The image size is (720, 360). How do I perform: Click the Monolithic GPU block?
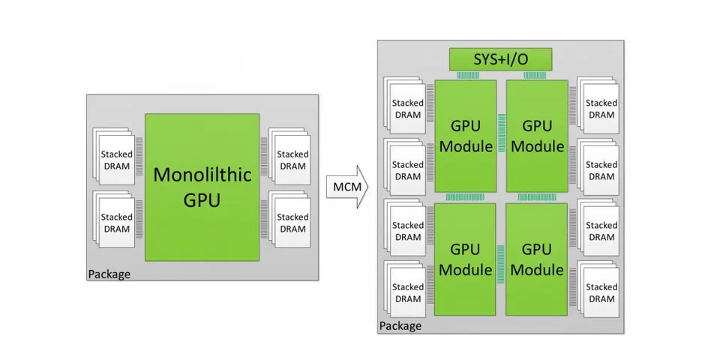(202, 187)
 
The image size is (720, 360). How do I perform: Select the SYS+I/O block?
(500, 58)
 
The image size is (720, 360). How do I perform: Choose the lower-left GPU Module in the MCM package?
(466, 259)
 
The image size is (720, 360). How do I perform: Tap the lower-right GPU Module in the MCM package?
(536, 259)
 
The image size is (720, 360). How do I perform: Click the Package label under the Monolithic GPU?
(109, 274)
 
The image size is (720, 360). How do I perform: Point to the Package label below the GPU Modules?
(400, 326)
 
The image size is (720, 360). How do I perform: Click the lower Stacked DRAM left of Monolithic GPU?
(116, 223)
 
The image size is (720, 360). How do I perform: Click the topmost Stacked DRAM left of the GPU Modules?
(408, 109)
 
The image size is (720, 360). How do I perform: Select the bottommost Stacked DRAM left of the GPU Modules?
(408, 293)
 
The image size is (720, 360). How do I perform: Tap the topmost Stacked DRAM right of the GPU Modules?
(601, 109)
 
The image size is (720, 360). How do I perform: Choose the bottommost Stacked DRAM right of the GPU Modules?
(601, 293)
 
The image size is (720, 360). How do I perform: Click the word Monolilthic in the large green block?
(201, 175)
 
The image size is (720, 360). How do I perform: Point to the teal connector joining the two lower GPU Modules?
(501, 259)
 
